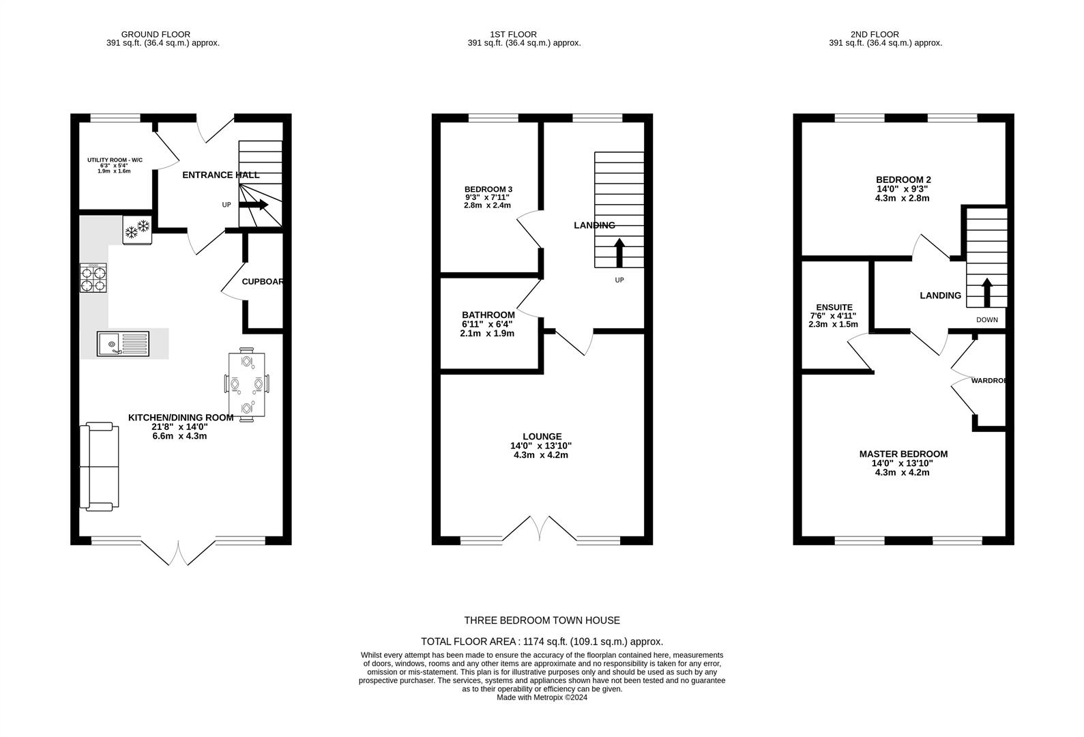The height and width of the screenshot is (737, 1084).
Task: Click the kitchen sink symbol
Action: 123,344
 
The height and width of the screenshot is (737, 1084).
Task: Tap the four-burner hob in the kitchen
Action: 93,278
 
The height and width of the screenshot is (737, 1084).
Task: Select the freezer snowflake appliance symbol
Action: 137,230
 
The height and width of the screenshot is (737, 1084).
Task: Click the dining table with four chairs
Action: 247,384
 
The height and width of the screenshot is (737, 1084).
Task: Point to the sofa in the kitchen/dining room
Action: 99,467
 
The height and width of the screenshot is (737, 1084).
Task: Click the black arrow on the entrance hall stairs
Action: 254,205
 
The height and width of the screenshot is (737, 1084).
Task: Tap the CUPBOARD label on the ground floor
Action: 263,282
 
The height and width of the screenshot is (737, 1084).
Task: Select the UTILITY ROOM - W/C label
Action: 115,160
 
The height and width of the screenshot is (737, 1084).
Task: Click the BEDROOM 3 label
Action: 488,189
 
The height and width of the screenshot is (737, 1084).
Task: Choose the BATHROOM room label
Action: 488,315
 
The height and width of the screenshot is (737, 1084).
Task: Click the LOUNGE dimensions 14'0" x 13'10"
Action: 541,446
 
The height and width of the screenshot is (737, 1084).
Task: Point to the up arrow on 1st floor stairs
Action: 619,252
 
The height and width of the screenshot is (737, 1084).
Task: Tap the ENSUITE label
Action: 834,308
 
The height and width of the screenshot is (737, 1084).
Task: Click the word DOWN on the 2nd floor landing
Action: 987,319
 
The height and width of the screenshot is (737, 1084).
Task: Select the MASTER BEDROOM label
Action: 903,454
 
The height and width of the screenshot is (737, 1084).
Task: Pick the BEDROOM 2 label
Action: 903,180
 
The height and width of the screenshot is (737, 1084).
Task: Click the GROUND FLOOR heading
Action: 156,34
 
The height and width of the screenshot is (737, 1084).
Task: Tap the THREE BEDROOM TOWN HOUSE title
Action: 542,620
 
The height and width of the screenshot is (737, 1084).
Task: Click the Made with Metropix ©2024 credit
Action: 542,697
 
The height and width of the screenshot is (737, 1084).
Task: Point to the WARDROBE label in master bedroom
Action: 988,381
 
